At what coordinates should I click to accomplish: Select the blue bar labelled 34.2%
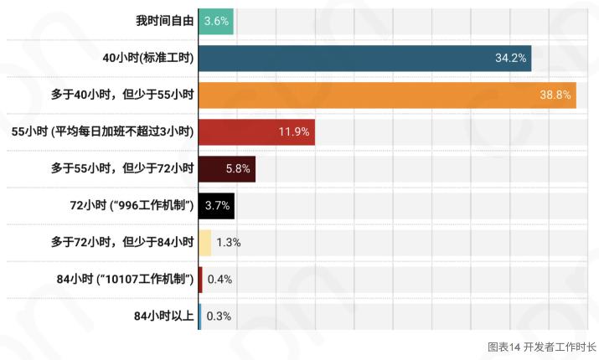364,58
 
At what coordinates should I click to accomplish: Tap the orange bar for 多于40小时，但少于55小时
386,95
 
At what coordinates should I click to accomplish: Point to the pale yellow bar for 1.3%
205,242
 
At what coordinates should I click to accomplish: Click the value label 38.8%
555,95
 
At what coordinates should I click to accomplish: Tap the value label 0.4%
219,279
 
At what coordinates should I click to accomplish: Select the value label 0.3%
219,316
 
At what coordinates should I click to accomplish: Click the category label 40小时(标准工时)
147,58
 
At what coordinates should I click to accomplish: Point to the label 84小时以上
165,316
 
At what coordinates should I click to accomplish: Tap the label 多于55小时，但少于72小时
122,168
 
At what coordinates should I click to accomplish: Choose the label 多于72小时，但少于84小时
122,242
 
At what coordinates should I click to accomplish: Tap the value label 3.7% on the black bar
216,205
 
